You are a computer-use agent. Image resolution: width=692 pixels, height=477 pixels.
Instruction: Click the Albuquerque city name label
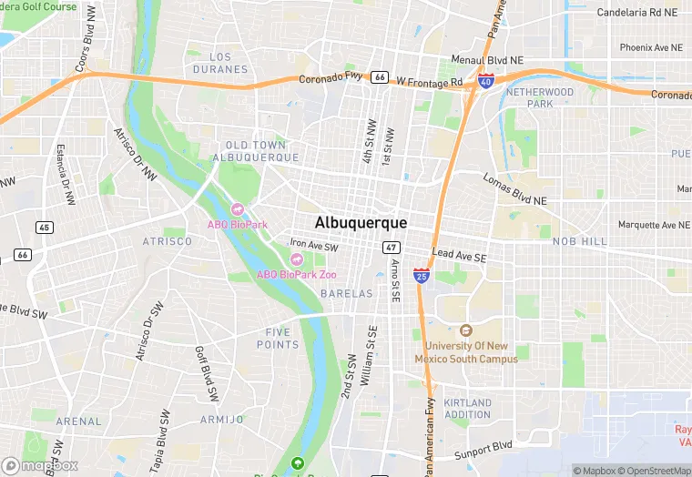tap(361, 222)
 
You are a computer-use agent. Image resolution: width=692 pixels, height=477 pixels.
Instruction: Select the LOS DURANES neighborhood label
tap(219, 63)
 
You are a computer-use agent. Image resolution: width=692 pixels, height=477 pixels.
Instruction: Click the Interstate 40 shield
tap(486, 81)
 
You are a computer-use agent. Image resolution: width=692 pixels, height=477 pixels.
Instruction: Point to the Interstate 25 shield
tap(421, 273)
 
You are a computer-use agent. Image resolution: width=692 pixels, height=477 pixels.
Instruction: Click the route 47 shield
tap(392, 248)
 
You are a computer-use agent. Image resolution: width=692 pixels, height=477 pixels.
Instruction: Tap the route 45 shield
tap(44, 227)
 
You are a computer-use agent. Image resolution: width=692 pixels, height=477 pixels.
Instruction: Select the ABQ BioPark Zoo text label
tap(297, 274)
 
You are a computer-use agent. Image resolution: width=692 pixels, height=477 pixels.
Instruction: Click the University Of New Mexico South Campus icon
tap(466, 330)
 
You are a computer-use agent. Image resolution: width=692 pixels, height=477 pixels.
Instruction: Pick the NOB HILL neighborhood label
tap(579, 241)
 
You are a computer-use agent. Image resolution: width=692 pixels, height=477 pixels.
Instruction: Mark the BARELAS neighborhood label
tap(347, 294)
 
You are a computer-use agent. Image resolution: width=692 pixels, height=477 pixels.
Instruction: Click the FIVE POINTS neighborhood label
tap(277, 339)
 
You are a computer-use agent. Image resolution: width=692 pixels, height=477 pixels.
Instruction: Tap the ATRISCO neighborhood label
tap(168, 241)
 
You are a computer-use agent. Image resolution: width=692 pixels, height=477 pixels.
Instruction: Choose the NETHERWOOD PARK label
tap(540, 98)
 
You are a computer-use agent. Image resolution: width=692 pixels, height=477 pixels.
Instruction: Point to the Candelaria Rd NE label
tap(637, 13)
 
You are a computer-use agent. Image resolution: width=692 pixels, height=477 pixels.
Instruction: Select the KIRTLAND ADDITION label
tap(468, 409)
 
